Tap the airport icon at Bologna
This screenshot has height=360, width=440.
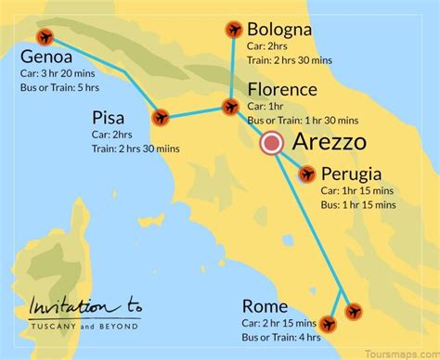click(x=234, y=31)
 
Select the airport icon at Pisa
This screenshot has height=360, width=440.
click(x=162, y=118)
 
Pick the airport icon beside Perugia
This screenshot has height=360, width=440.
click(x=306, y=173)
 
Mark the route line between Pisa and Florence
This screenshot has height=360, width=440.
click(x=196, y=113)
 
